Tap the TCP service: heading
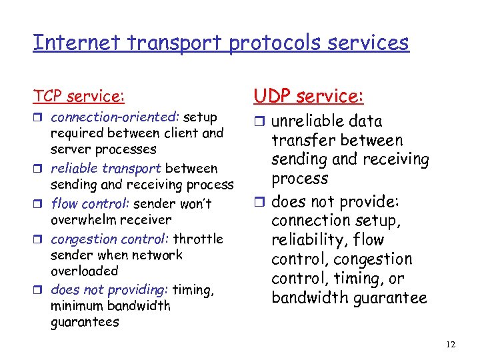coord(79,97)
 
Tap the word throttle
coord(198,239)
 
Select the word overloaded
coord(84,271)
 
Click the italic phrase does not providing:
coord(110,289)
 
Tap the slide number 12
coord(451,344)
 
